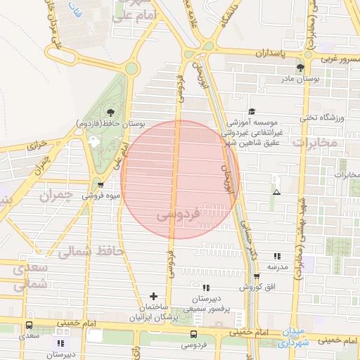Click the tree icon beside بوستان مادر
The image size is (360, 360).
[301, 67]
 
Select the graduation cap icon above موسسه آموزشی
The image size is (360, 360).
[252, 112]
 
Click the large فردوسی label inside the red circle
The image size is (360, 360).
[179, 213]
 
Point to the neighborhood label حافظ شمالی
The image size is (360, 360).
[91, 251]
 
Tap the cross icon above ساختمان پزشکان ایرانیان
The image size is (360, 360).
[154, 297]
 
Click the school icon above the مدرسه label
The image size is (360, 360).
[277, 256]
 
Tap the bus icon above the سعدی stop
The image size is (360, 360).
[29, 325]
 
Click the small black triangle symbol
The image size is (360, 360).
[276, 191]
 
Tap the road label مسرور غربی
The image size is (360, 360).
[338, 58]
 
